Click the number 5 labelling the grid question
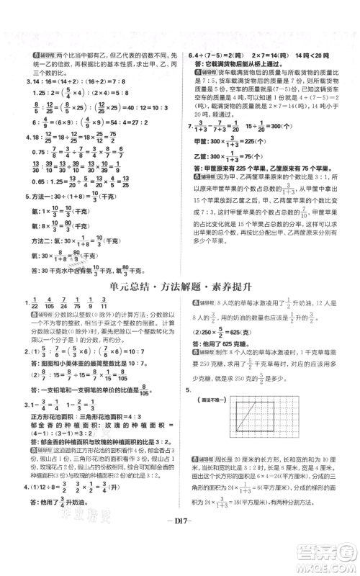point(189,390)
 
